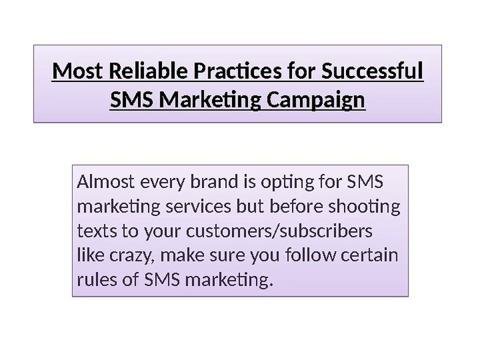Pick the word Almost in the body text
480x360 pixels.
[x=105, y=182]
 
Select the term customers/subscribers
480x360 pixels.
[x=279, y=231]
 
